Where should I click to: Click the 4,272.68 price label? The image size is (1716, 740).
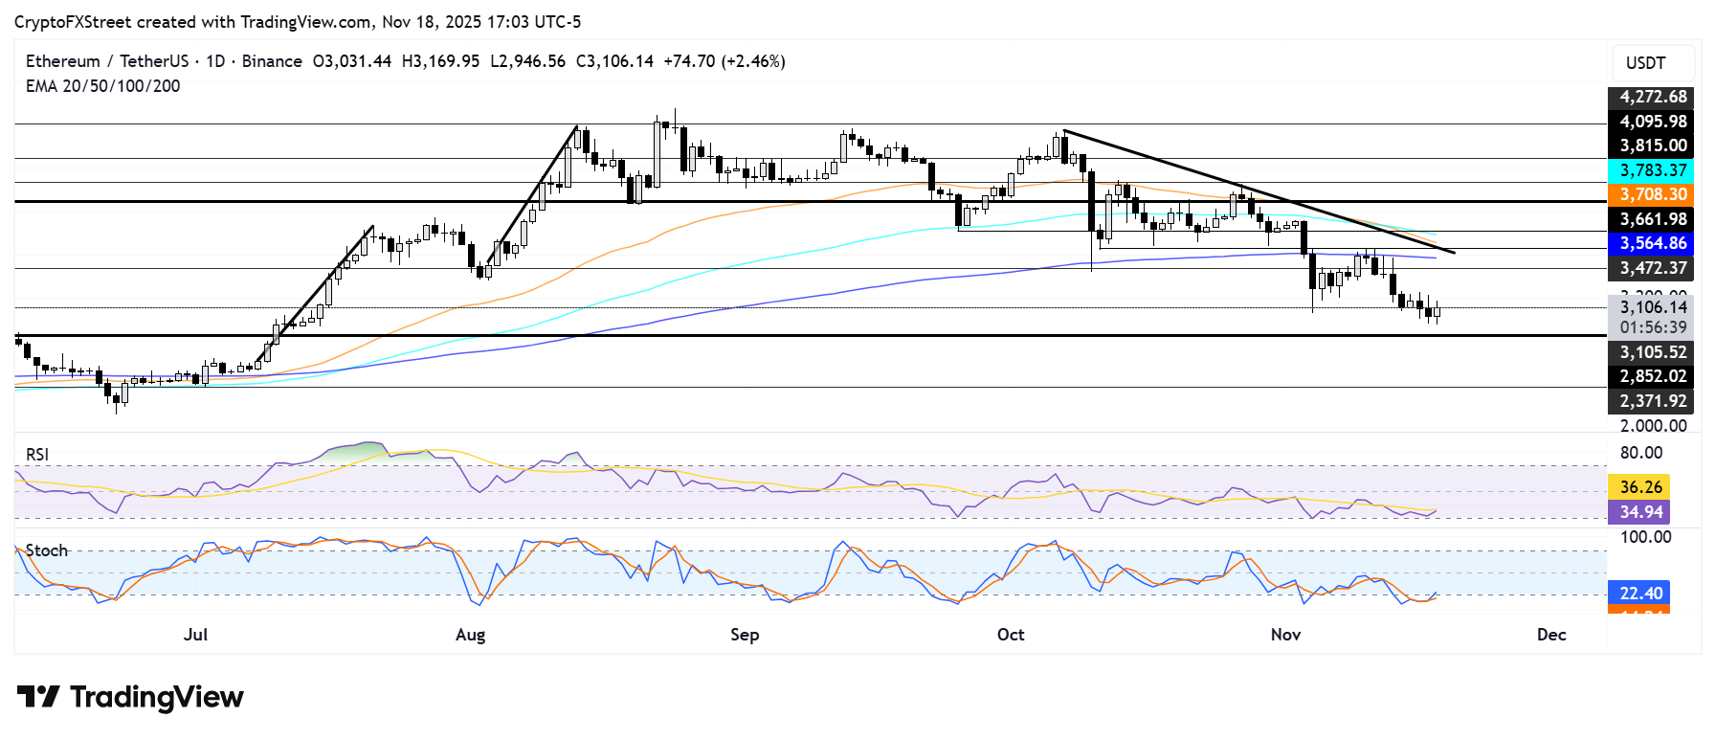pyautogui.click(x=1653, y=97)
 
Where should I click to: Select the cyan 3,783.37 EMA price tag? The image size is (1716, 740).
pyautogui.click(x=1653, y=170)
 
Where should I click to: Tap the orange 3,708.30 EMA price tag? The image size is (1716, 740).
pyautogui.click(x=1653, y=194)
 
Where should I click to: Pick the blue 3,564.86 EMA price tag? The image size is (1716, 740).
pyautogui.click(x=1653, y=243)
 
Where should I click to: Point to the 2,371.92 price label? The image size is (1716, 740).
pyautogui.click(x=1653, y=401)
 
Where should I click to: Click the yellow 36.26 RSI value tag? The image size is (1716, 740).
pyautogui.click(x=1640, y=487)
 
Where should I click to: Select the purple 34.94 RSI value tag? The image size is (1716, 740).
pyautogui.click(x=1640, y=512)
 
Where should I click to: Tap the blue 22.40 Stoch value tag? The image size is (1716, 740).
pyautogui.click(x=1640, y=594)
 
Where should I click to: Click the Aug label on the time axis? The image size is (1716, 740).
pyautogui.click(x=470, y=635)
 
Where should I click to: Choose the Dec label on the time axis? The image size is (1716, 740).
pyautogui.click(x=1550, y=635)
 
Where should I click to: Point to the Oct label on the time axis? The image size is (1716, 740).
pyautogui.click(x=1010, y=635)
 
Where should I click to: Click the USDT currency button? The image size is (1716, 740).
pyautogui.click(x=1645, y=63)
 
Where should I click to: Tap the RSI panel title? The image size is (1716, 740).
pyautogui.click(x=37, y=455)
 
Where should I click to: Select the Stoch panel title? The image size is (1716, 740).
pyautogui.click(x=47, y=550)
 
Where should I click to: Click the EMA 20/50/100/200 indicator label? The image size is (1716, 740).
pyautogui.click(x=102, y=86)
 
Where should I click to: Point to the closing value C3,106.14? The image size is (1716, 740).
pyautogui.click(x=614, y=61)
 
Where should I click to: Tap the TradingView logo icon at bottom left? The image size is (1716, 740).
pyautogui.click(x=38, y=697)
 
